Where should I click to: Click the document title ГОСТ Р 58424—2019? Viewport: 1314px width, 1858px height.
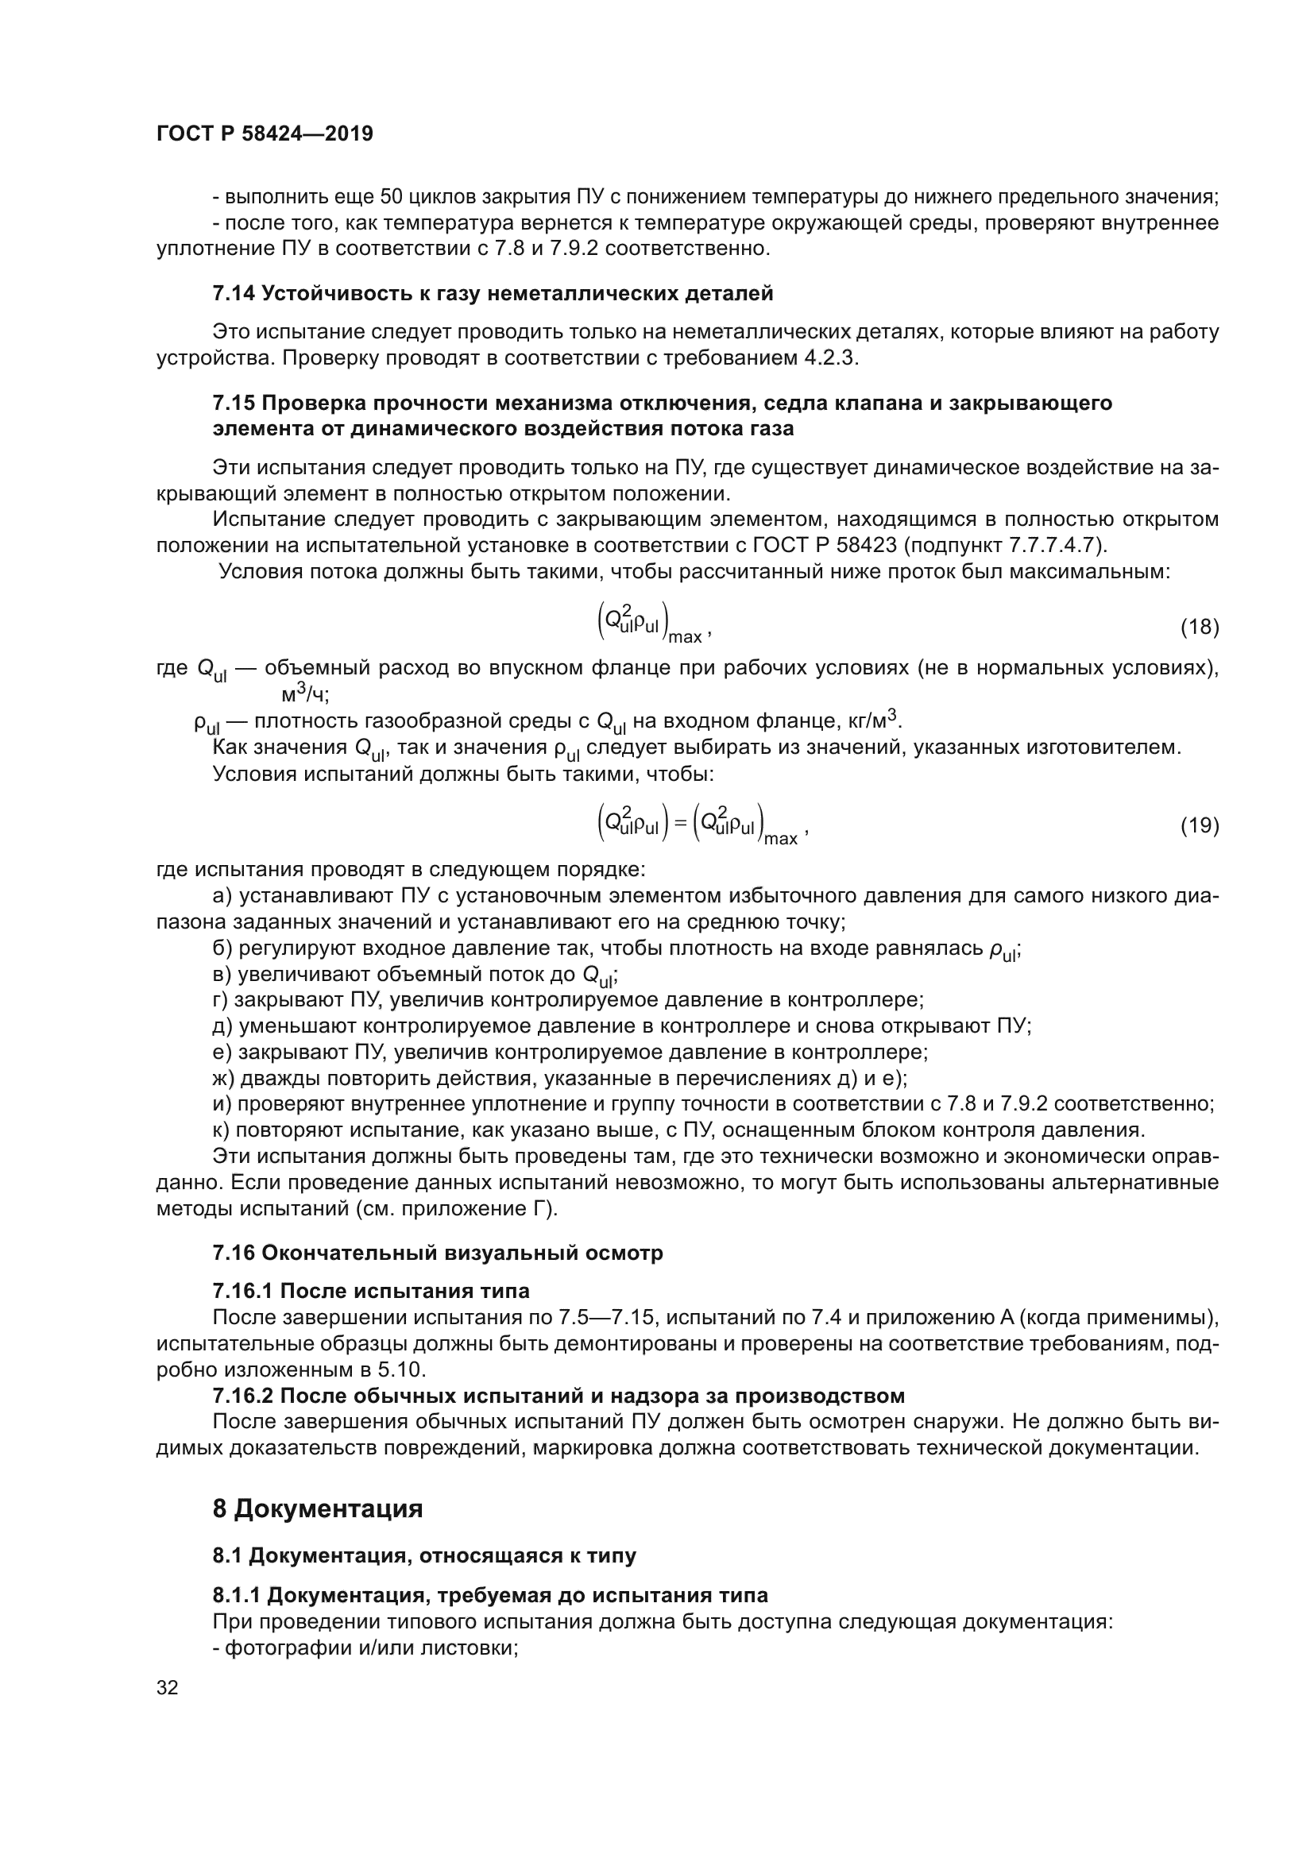pos(265,134)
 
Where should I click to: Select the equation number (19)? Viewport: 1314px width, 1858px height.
pos(1199,825)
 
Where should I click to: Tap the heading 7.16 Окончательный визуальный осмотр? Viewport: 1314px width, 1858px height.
pos(438,1253)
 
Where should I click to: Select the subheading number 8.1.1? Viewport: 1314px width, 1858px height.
pos(236,1595)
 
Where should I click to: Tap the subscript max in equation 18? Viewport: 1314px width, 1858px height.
pos(686,638)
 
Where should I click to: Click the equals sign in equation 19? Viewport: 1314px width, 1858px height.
pos(680,824)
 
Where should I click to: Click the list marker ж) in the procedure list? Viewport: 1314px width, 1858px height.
pos(223,1079)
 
